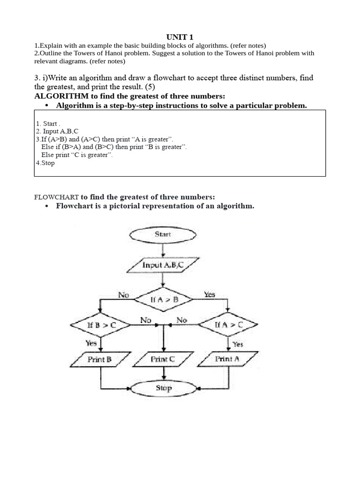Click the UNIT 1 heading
180,37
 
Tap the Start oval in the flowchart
163,234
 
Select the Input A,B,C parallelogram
163,265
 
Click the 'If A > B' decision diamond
163,299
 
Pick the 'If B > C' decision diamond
100,324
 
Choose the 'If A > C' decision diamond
228,324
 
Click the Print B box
100,360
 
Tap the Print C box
163,360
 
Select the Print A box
228,360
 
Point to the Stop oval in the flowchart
163,388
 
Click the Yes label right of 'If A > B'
209,295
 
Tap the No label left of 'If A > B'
124,295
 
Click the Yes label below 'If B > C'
91,343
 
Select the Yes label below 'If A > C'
238,344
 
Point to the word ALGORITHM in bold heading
60,96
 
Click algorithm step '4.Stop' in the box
45,163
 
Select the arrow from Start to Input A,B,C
163,250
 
